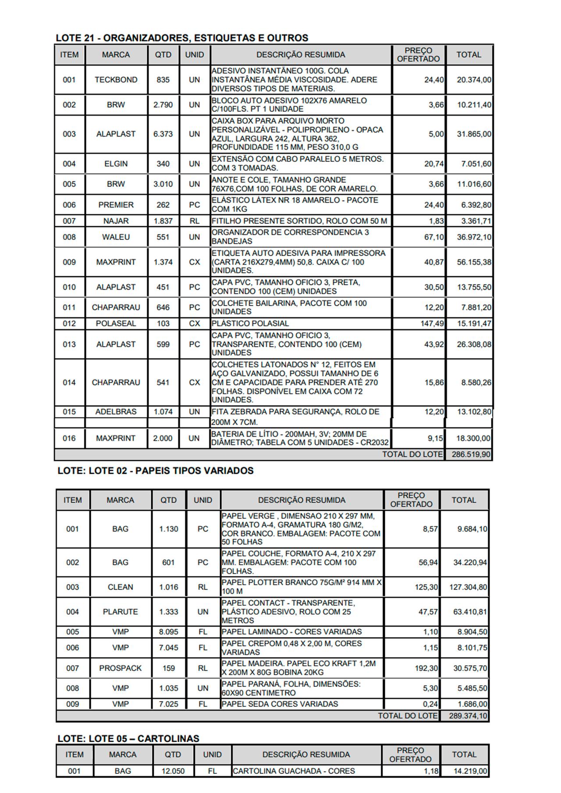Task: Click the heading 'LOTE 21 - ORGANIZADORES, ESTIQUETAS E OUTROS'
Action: (x=182, y=38)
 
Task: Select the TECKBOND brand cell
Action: (x=116, y=80)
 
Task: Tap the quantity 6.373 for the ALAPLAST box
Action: (x=163, y=134)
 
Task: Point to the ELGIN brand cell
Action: (x=116, y=164)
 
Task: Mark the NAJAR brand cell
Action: (x=116, y=221)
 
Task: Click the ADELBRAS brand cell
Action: (x=116, y=412)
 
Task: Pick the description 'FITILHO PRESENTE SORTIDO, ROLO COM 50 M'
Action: (x=299, y=221)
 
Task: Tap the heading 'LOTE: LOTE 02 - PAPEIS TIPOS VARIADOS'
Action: (x=156, y=471)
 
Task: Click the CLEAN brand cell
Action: (x=120, y=587)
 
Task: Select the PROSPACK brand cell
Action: (x=120, y=668)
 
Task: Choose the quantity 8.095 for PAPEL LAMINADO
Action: (x=168, y=632)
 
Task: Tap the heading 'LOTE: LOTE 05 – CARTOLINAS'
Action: (x=128, y=738)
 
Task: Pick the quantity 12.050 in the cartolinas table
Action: (x=173, y=771)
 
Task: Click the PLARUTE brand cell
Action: (x=120, y=612)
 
